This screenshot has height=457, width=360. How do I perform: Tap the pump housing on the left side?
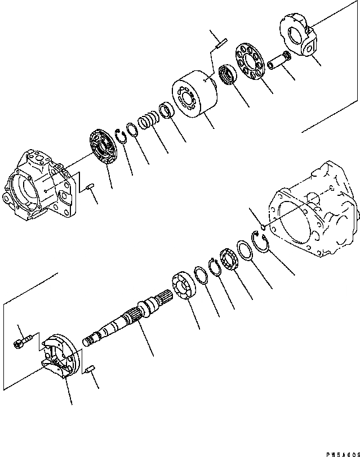point(36,185)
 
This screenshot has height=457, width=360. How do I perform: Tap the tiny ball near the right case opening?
point(263,227)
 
